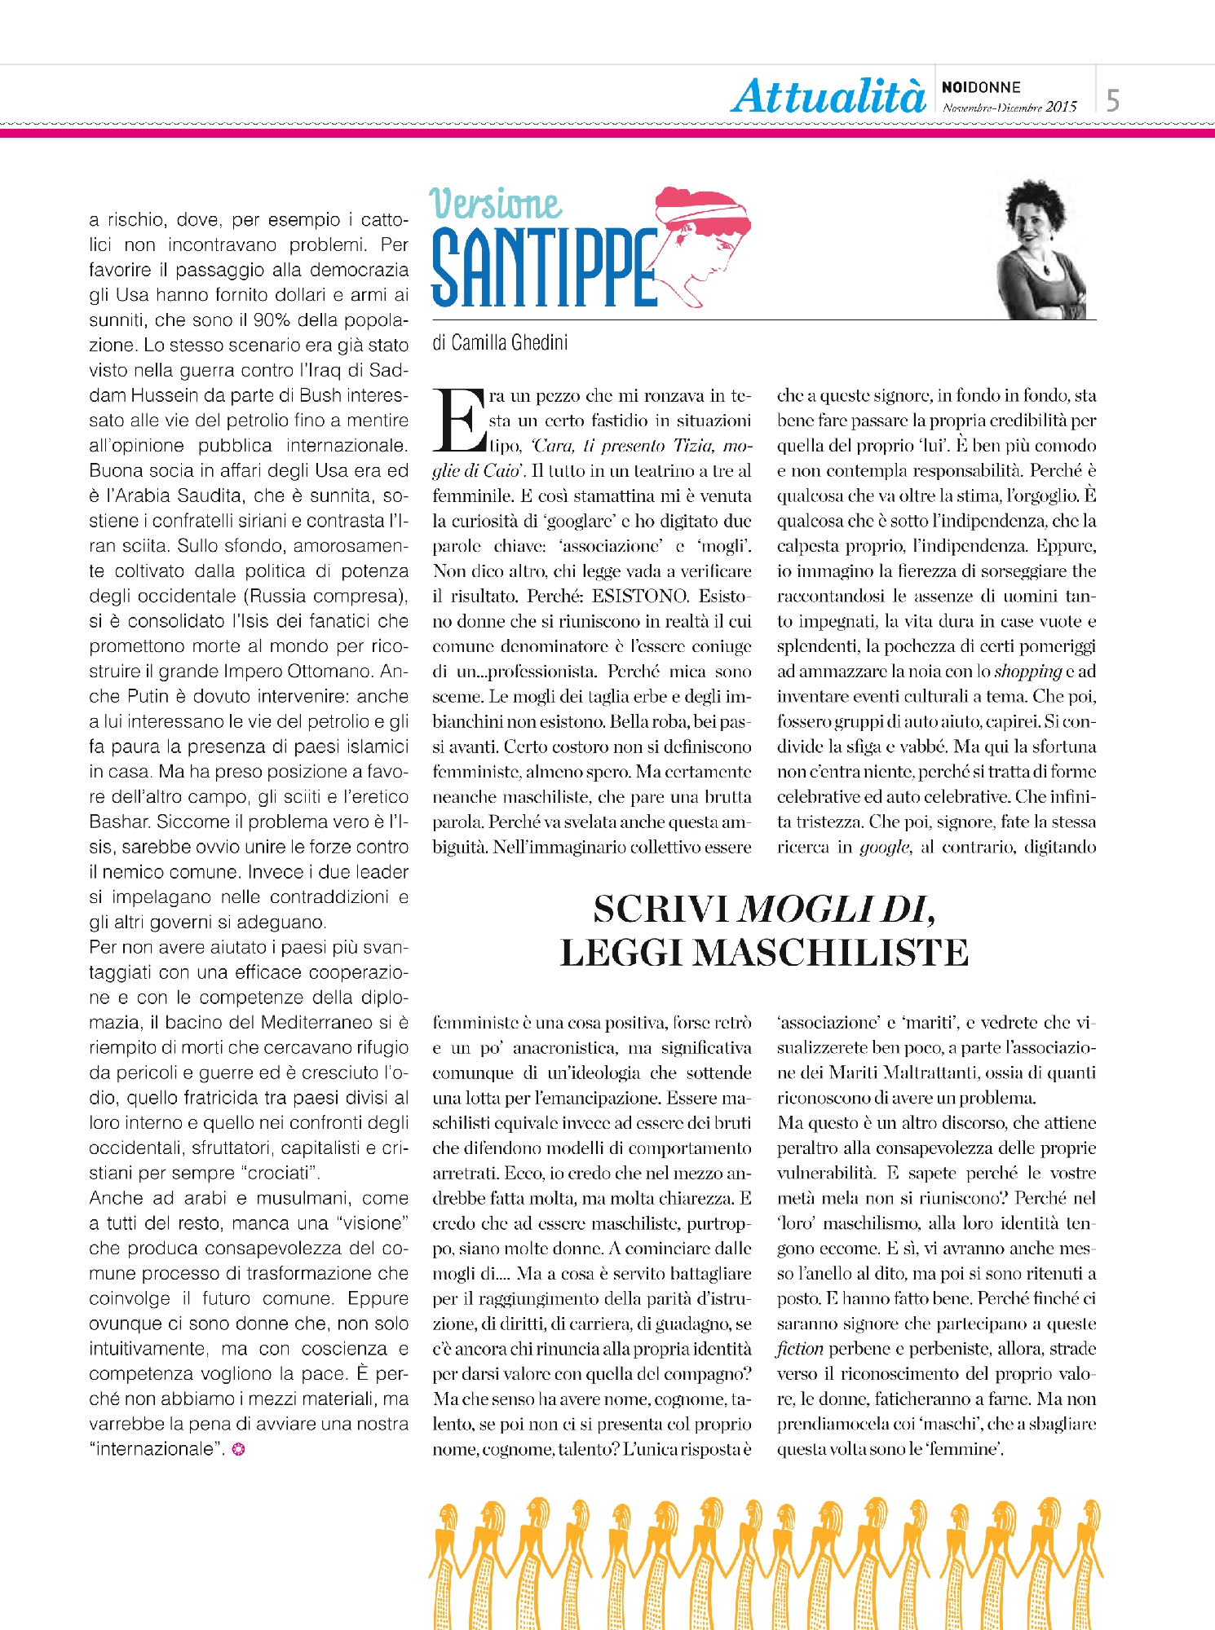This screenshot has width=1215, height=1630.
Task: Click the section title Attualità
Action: point(828,96)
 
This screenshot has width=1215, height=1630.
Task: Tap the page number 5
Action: point(1112,100)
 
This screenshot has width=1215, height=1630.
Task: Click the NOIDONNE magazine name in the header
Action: point(981,87)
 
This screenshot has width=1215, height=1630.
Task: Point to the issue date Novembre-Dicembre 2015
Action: point(1010,107)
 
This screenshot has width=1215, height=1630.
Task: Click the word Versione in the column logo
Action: point(495,203)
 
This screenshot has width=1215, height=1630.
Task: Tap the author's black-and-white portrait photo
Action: point(1044,249)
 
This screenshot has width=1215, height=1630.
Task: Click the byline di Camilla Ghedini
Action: point(500,342)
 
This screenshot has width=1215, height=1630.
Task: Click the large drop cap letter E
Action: point(459,420)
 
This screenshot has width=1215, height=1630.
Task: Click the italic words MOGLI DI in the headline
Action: point(835,910)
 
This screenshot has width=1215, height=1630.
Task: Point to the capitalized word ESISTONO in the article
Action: point(640,596)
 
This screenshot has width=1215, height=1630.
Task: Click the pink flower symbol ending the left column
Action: point(238,1449)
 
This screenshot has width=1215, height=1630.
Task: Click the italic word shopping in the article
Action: point(1027,671)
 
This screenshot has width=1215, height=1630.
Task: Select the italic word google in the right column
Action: point(884,847)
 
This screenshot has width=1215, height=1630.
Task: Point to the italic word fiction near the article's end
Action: point(799,1349)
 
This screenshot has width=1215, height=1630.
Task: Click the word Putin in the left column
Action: point(148,696)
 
